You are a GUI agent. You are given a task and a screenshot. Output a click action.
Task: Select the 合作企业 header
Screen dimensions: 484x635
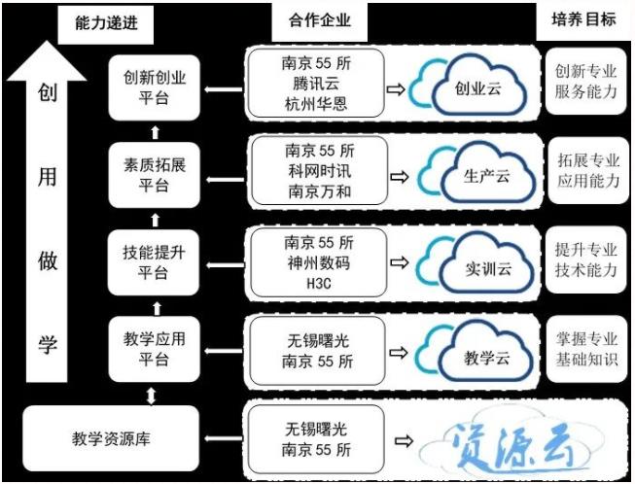coord(320,20)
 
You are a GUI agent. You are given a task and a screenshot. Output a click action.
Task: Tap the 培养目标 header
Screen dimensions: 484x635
coord(583,19)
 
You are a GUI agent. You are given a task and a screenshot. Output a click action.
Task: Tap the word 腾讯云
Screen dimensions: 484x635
coord(316,84)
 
